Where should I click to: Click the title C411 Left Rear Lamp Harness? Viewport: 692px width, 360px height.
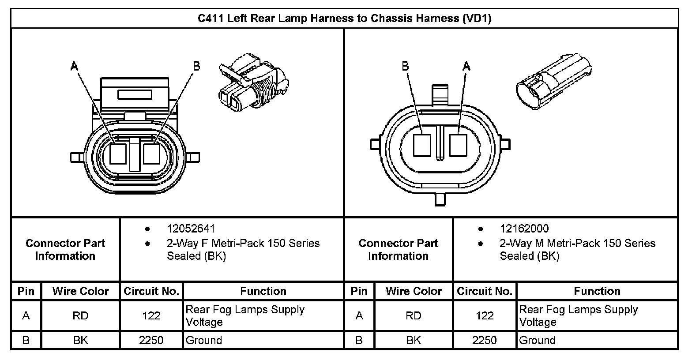pos(344,19)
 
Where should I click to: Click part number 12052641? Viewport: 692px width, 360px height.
pos(191,229)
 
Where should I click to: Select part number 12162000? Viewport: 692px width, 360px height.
pos(524,229)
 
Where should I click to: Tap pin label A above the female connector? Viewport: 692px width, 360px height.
pos(74,66)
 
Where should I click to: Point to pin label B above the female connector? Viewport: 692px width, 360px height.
pos(196,66)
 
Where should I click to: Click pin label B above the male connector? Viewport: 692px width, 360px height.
pos(405,66)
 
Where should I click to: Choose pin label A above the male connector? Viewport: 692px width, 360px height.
pos(466,66)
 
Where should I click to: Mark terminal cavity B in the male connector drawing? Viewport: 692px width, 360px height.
pos(422,145)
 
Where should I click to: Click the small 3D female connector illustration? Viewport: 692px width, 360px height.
pos(252,82)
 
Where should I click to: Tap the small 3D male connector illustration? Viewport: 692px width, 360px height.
pos(554,79)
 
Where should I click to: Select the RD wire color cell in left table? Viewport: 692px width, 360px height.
pos(80,316)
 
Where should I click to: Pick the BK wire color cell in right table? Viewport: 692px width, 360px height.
pos(414,341)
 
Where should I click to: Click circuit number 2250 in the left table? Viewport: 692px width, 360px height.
pos(151,341)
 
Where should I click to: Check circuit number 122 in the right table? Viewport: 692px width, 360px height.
pos(485,316)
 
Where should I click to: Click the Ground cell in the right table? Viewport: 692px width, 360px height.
pos(537,341)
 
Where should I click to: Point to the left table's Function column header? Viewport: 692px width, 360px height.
pos(263,291)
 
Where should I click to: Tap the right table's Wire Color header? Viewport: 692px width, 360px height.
pos(414,291)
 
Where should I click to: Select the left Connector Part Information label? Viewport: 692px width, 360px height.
pos(65,250)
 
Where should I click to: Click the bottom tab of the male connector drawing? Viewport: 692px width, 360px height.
pos(440,199)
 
